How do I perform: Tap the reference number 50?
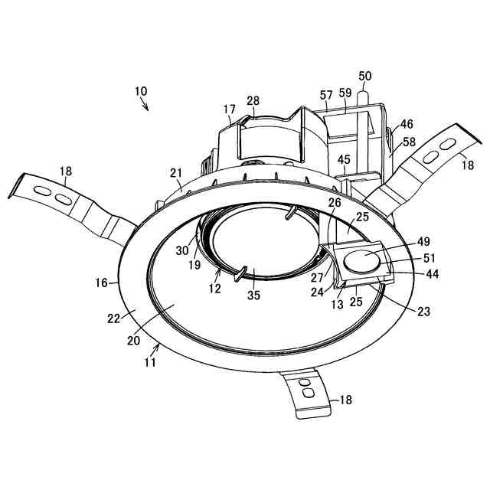point(364,76)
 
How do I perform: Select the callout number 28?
point(253,102)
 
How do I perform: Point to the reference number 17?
point(229,110)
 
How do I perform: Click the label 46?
point(407,123)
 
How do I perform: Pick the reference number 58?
point(410,142)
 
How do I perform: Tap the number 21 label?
point(177,172)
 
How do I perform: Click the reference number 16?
point(102,283)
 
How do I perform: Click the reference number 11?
point(151,363)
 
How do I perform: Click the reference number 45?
point(344,159)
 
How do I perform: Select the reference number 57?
point(326,95)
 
